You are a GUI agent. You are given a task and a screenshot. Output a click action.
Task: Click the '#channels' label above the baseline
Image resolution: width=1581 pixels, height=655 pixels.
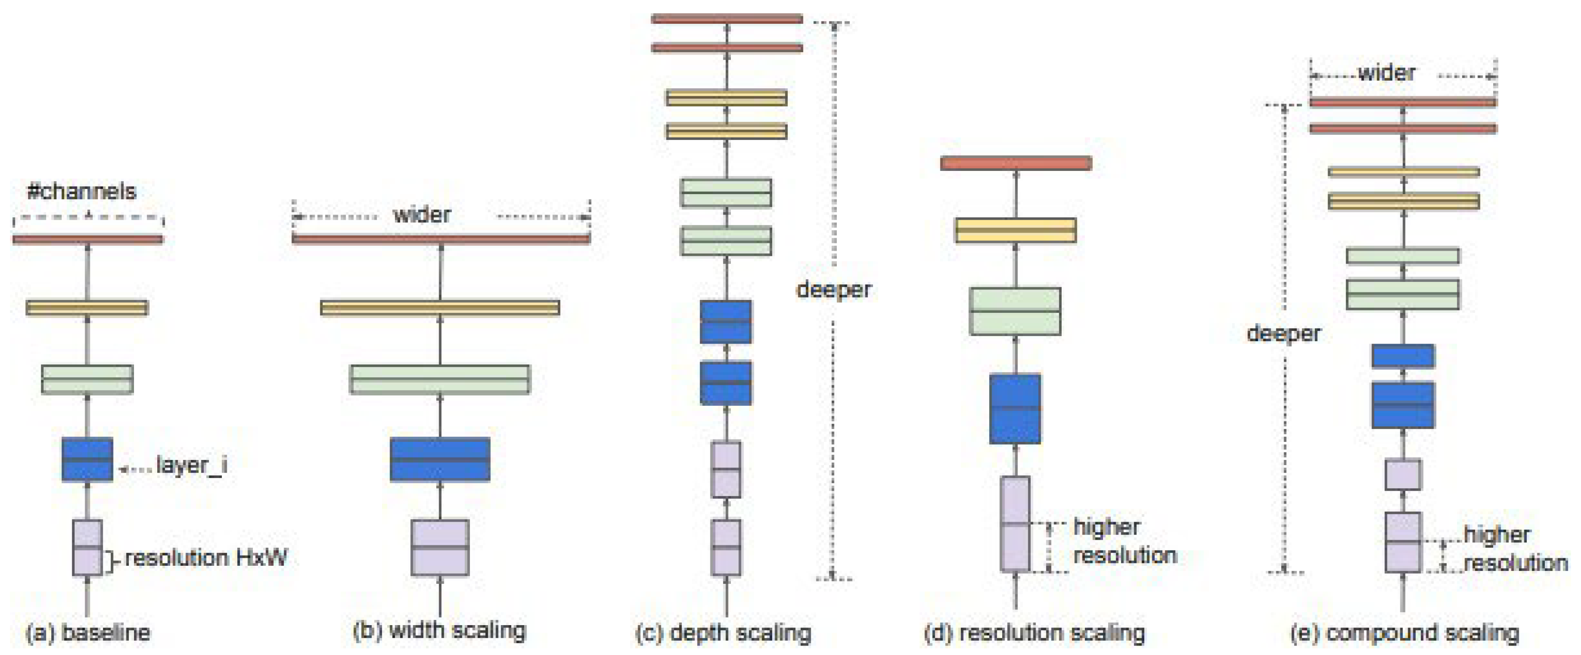(x=82, y=191)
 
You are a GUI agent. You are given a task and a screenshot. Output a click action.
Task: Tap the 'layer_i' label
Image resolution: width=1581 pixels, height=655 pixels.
(x=192, y=465)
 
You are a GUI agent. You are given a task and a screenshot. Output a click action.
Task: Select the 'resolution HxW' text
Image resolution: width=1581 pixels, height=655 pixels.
(x=206, y=558)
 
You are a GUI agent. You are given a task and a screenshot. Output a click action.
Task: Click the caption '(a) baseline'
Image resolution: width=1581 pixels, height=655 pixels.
(x=88, y=632)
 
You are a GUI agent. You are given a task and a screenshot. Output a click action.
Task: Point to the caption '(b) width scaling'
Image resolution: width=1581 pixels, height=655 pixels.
(x=440, y=630)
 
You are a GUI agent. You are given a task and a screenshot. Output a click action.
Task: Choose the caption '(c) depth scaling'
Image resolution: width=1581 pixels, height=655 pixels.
(x=723, y=632)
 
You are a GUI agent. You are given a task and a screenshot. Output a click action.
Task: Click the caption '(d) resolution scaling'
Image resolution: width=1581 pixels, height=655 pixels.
(x=1034, y=632)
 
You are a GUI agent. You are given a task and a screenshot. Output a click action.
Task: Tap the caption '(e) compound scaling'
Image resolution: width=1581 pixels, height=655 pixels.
(x=1404, y=632)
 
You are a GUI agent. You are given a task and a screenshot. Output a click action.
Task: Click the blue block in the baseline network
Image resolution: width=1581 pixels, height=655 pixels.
(x=87, y=459)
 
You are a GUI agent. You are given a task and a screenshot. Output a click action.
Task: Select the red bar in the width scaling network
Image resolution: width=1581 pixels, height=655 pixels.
(x=441, y=239)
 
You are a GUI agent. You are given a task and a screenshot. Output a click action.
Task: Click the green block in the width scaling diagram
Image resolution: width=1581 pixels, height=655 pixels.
(x=440, y=379)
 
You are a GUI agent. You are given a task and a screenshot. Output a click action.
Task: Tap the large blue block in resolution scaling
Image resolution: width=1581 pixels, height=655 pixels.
(x=1015, y=409)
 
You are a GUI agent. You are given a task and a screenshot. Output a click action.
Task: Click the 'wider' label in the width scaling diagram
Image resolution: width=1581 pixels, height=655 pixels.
(x=422, y=215)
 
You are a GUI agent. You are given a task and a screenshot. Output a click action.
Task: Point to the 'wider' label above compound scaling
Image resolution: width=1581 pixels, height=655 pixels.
(x=1387, y=73)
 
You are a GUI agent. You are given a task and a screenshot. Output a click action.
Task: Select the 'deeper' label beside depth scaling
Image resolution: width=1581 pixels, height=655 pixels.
(x=834, y=290)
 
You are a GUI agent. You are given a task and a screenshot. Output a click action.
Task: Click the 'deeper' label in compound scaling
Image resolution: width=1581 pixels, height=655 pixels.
(x=1284, y=334)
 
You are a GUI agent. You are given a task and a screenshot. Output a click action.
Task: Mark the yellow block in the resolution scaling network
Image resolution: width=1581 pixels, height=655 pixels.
(x=1016, y=230)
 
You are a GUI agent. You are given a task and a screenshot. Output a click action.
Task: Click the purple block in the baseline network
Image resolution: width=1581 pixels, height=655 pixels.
(x=87, y=548)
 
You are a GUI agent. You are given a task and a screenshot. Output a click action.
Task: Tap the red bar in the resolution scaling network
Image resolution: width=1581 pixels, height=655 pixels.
(x=1016, y=163)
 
